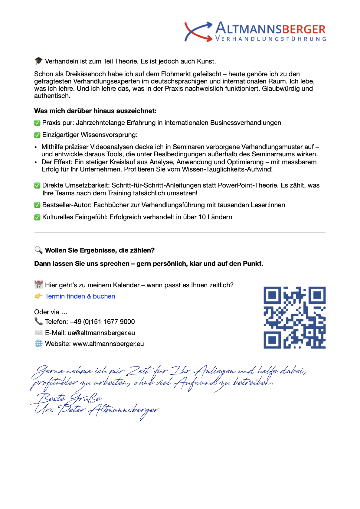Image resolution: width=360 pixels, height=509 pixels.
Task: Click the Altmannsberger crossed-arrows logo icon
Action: pos(198,31)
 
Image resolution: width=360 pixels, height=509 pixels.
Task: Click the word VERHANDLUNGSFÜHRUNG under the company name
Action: pos(271,39)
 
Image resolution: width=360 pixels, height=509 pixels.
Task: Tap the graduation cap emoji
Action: pos(38,61)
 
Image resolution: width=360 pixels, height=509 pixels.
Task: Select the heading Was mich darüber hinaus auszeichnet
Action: pos(95,111)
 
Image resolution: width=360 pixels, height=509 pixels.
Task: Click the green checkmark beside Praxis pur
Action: pos(37,123)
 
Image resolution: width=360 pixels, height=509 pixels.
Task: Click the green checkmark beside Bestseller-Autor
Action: pos(37,205)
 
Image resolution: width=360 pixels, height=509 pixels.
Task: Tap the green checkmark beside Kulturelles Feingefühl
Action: pos(37,217)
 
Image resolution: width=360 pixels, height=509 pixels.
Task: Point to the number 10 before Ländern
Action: pos(202,217)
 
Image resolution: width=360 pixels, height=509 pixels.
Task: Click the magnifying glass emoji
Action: pos(38,250)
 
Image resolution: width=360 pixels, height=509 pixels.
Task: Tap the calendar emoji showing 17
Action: pos(38,285)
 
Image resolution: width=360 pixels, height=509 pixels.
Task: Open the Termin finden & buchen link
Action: pos(80,296)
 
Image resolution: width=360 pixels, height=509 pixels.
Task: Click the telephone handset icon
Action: pos(38,321)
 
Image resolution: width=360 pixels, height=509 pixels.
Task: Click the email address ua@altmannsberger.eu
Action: pos(101,333)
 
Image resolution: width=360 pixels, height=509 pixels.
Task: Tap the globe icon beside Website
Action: pos(38,344)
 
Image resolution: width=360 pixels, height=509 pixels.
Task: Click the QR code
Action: pos(294,318)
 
